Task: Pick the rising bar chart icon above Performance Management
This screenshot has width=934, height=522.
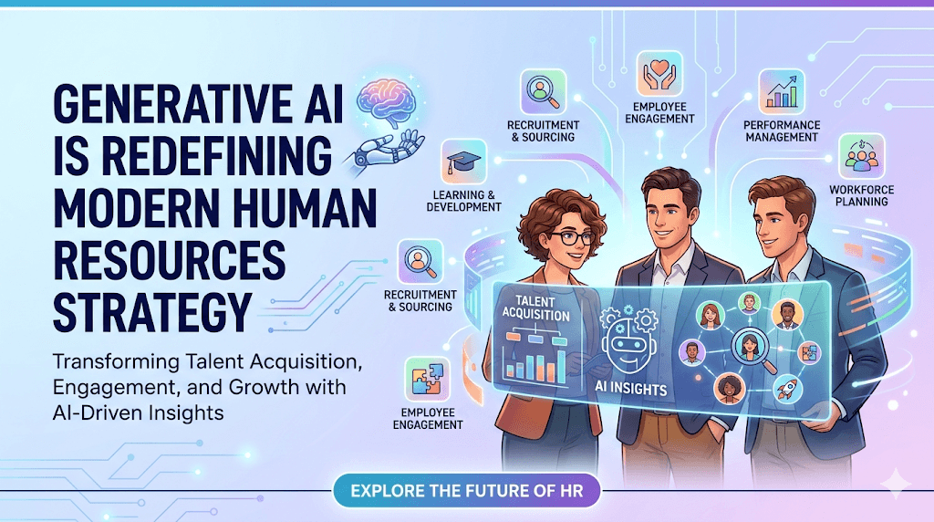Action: (x=781, y=90)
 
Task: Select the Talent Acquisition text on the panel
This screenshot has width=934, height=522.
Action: (x=535, y=308)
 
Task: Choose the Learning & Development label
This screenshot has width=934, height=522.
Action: (x=463, y=200)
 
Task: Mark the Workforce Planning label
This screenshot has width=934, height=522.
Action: (x=861, y=195)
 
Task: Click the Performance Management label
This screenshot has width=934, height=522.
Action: (x=782, y=130)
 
